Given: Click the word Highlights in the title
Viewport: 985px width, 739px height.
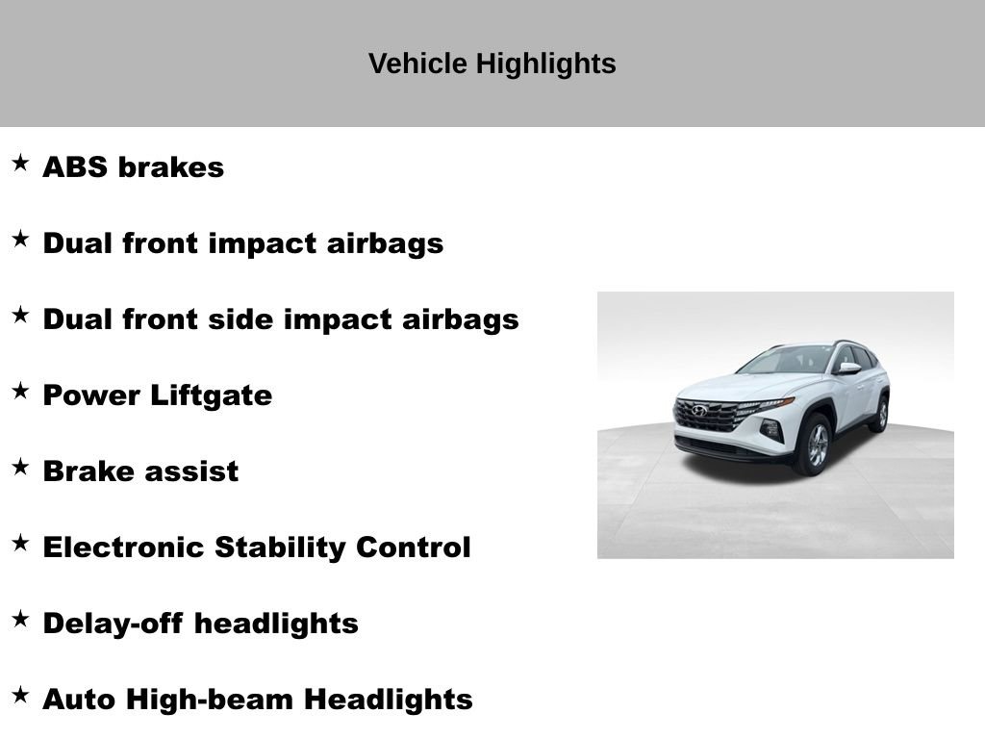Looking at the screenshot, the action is (x=545, y=64).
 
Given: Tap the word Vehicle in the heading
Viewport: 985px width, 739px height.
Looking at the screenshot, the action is (x=417, y=64).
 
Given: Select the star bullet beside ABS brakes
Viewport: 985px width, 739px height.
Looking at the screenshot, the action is (x=20, y=163).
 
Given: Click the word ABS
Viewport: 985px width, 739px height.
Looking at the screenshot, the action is (x=75, y=167).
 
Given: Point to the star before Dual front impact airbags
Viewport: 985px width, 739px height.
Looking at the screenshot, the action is (x=20, y=239).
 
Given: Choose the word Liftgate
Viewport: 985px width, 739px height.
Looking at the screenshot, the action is (x=211, y=395).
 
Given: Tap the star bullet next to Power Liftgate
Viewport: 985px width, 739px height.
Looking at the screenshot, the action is (x=20, y=391).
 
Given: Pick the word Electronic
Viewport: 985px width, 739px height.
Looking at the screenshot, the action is (x=124, y=548).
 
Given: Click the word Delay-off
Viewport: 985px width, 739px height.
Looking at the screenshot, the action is (x=114, y=624).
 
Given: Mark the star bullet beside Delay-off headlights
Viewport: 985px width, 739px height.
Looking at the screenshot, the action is (x=20, y=619).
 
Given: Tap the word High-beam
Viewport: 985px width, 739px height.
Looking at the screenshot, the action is (x=210, y=701).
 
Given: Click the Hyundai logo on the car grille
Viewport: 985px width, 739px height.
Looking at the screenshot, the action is (x=699, y=411).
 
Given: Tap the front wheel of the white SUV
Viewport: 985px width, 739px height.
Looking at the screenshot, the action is (x=817, y=445).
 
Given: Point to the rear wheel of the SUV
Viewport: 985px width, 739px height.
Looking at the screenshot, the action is (x=881, y=414).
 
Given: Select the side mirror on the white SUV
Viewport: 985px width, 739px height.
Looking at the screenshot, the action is (x=848, y=369).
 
